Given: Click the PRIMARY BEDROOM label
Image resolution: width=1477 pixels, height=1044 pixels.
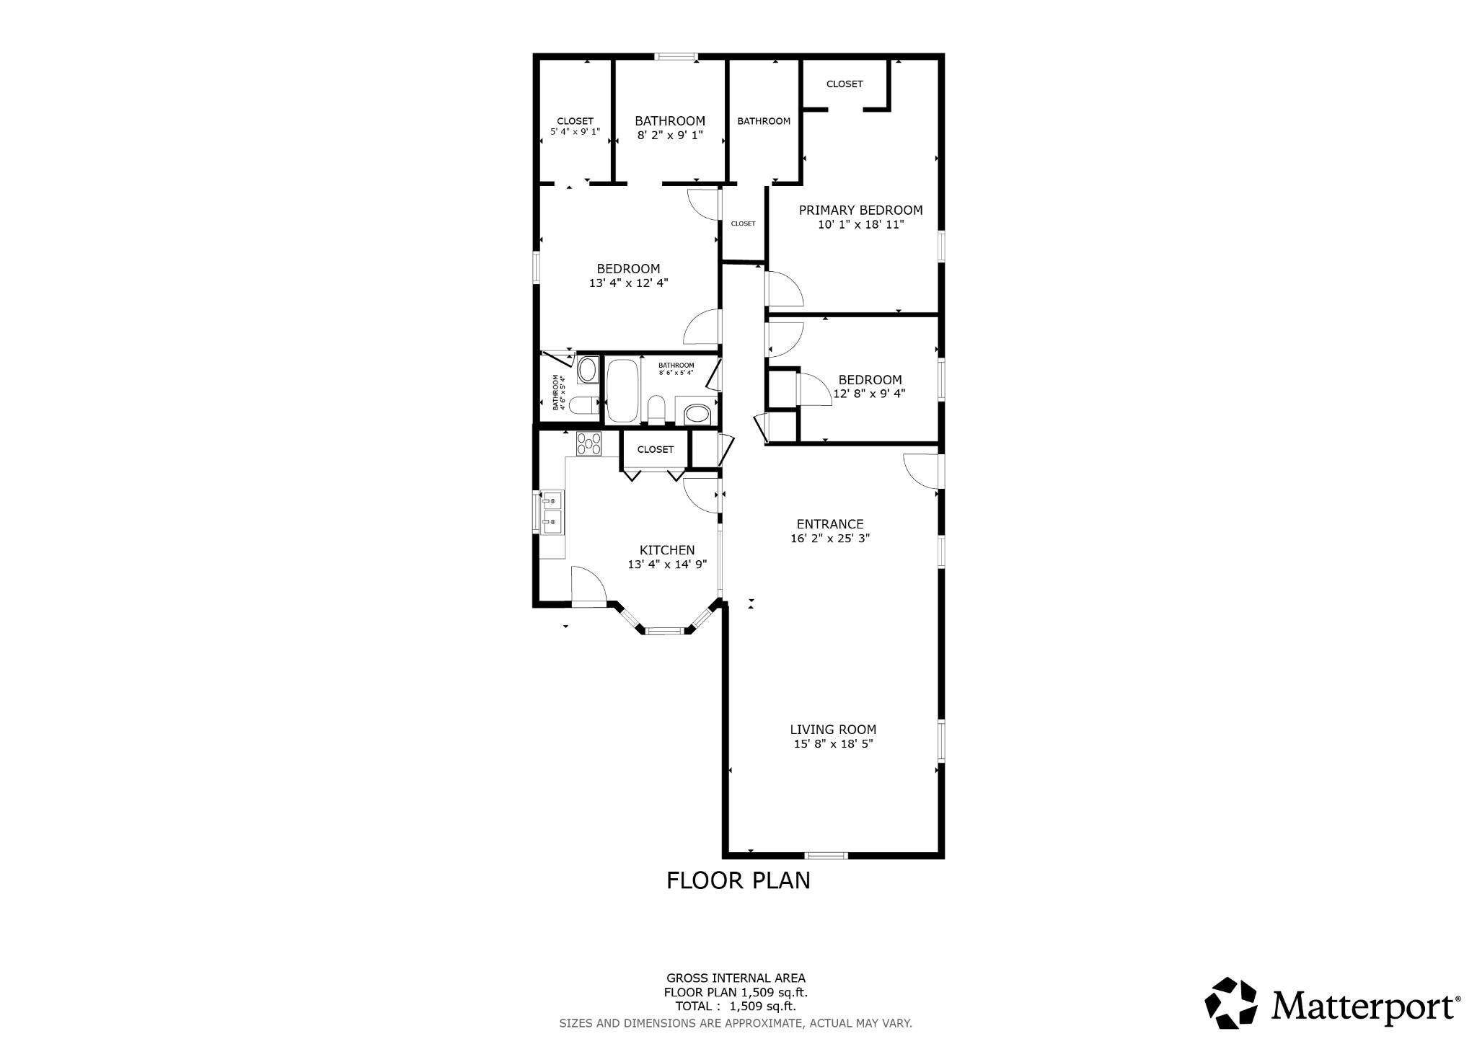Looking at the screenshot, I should click(x=860, y=211).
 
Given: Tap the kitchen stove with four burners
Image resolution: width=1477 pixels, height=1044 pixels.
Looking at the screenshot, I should click(x=588, y=443).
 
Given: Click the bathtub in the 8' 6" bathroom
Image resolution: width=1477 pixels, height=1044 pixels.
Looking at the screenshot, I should click(x=622, y=391).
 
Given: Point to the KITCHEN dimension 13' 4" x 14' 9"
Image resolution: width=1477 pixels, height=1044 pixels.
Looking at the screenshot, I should click(x=667, y=565).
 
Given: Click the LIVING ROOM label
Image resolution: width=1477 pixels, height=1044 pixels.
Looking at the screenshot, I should click(x=833, y=730).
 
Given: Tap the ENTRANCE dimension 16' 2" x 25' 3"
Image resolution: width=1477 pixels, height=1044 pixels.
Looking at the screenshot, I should click(x=829, y=539).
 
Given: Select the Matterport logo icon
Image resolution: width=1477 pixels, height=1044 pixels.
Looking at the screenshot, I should click(x=1230, y=1003).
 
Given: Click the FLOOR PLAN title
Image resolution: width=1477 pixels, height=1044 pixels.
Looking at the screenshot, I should click(x=738, y=880).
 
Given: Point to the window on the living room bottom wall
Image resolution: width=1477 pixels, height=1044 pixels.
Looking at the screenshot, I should click(x=826, y=855).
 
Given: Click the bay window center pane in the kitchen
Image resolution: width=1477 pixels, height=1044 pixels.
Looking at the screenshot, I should click(x=664, y=631).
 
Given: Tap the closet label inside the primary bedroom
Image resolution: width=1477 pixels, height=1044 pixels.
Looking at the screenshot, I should click(x=845, y=84).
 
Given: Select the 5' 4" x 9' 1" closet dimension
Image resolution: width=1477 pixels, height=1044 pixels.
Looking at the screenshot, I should click(x=575, y=132).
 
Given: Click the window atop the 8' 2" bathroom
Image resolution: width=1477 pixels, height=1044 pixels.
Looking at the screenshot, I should click(x=676, y=56).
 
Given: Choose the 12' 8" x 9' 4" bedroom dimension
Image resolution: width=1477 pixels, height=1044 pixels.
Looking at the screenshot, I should click(x=869, y=394).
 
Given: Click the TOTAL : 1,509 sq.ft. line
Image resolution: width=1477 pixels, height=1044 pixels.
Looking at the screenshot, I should click(x=735, y=1007).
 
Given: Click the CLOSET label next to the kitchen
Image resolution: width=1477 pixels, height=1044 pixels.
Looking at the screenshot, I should click(x=655, y=450).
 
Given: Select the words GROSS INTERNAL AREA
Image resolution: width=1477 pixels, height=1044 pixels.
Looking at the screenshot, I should click(x=736, y=978).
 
